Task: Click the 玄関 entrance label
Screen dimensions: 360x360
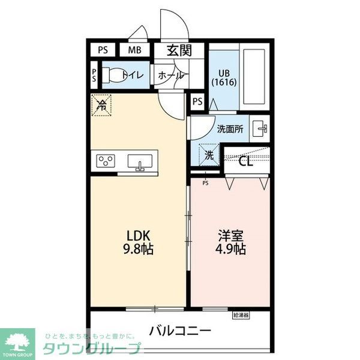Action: (x=179, y=50)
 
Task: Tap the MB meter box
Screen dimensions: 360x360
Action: (x=134, y=50)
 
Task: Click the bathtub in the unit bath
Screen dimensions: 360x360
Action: (x=254, y=76)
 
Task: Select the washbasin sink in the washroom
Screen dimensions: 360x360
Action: (x=260, y=128)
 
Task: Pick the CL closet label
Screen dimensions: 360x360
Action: (x=246, y=160)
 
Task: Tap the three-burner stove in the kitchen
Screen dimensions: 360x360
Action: (x=107, y=161)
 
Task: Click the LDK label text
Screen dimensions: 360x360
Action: (x=137, y=235)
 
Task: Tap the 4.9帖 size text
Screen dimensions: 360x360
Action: (x=230, y=248)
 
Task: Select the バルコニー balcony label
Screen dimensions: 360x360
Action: (x=180, y=330)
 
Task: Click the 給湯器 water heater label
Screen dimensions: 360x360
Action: (x=241, y=314)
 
